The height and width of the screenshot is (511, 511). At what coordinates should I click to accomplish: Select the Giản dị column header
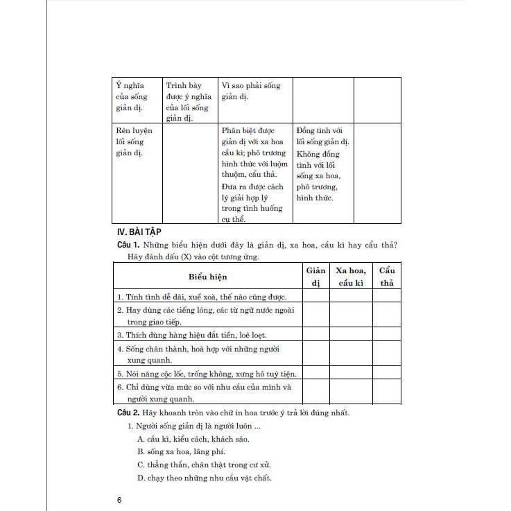315,277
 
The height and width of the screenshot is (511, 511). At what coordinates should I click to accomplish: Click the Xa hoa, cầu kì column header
350,277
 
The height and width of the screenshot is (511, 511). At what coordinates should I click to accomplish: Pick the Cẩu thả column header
386,277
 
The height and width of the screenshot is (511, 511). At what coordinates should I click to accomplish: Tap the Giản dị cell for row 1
315,296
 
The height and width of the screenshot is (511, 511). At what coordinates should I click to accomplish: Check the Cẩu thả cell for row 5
386,372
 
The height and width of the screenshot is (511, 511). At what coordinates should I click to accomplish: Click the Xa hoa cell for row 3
350,335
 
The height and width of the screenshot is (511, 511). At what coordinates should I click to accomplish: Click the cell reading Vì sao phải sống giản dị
251,92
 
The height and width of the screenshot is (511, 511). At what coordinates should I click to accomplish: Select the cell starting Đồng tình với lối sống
322,164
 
